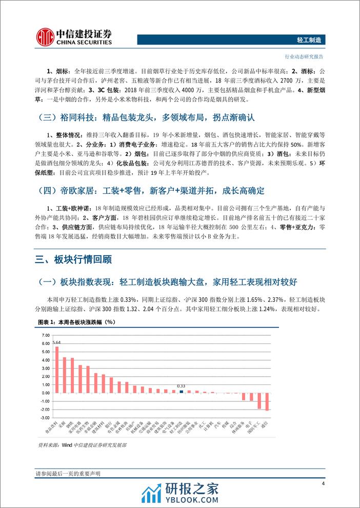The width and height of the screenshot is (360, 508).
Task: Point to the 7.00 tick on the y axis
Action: [x=45, y=335]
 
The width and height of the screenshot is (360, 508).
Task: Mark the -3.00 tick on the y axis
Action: [x=45, y=418]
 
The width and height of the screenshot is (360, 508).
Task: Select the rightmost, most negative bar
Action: [x=267, y=401]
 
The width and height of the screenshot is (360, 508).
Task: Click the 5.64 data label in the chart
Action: [x=57, y=342]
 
